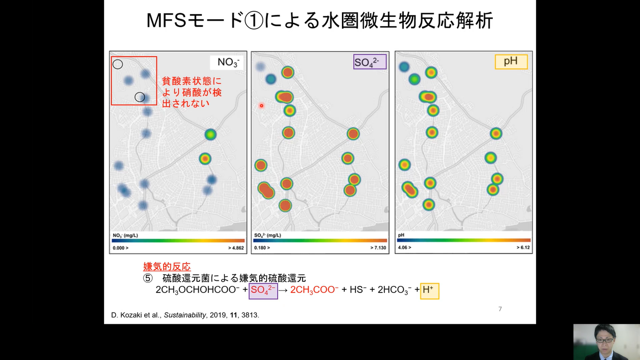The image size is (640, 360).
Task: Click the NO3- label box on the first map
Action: point(228,62)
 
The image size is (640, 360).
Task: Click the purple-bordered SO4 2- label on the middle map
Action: point(370,62)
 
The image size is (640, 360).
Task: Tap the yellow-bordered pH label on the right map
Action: point(511,62)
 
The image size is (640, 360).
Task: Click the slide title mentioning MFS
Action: point(320,21)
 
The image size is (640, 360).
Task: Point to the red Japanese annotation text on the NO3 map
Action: point(185,92)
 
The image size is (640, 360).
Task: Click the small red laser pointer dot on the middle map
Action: point(261,106)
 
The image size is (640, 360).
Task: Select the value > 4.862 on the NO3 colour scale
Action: point(235,247)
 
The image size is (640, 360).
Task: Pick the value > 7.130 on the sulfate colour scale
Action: point(377,247)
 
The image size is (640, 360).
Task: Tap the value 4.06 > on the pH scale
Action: point(405,247)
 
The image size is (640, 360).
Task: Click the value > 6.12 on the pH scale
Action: point(523,247)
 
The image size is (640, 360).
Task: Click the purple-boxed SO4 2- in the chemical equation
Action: point(263,290)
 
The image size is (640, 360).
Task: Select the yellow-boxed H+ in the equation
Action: point(429,290)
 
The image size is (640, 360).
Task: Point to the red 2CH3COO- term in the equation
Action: point(314,290)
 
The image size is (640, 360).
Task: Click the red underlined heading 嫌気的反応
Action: point(167,267)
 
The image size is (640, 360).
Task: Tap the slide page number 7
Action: point(500,309)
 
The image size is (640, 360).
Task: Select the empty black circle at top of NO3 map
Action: point(118,64)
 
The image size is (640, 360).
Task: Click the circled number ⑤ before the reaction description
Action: point(148,278)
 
